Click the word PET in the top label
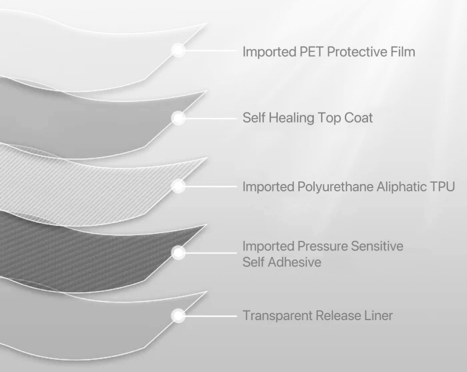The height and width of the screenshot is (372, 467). (311, 51)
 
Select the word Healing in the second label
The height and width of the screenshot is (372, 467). (290, 118)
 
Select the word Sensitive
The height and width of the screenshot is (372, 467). (377, 246)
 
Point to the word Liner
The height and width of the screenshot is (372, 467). (378, 316)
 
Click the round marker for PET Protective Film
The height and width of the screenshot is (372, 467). (179, 50)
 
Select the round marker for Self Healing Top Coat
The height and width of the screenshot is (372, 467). (179, 118)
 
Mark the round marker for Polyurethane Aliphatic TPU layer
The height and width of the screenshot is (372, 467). (179, 185)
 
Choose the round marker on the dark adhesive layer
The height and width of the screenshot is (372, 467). (179, 252)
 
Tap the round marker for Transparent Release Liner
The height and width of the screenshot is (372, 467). (179, 315)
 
